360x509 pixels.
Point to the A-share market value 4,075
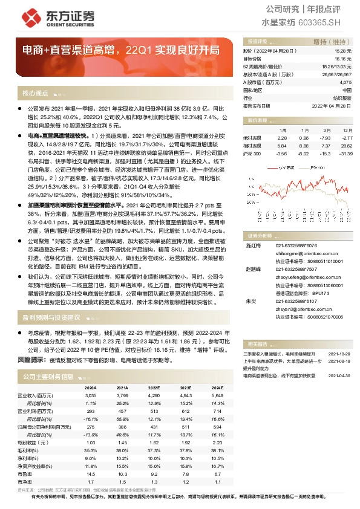coord(345,82)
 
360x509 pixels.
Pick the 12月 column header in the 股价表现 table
coord(347,130)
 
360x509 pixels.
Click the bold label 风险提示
coord(31,358)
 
